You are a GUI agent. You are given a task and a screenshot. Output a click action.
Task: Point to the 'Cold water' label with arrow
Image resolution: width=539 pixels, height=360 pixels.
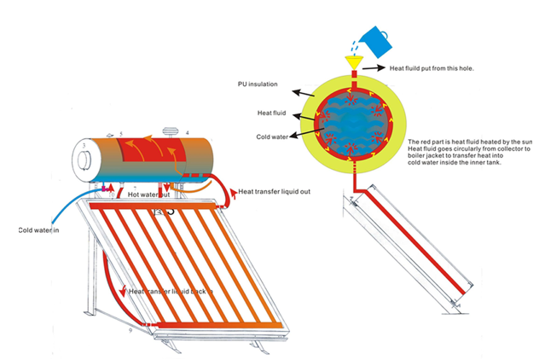pos(274,136)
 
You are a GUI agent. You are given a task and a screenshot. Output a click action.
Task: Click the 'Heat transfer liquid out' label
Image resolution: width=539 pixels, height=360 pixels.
pos(275,191)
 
